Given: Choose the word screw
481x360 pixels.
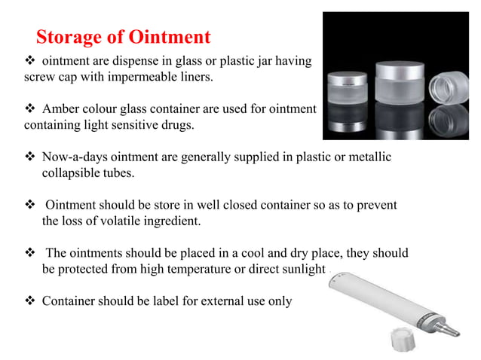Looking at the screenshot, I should coord(39,77).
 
